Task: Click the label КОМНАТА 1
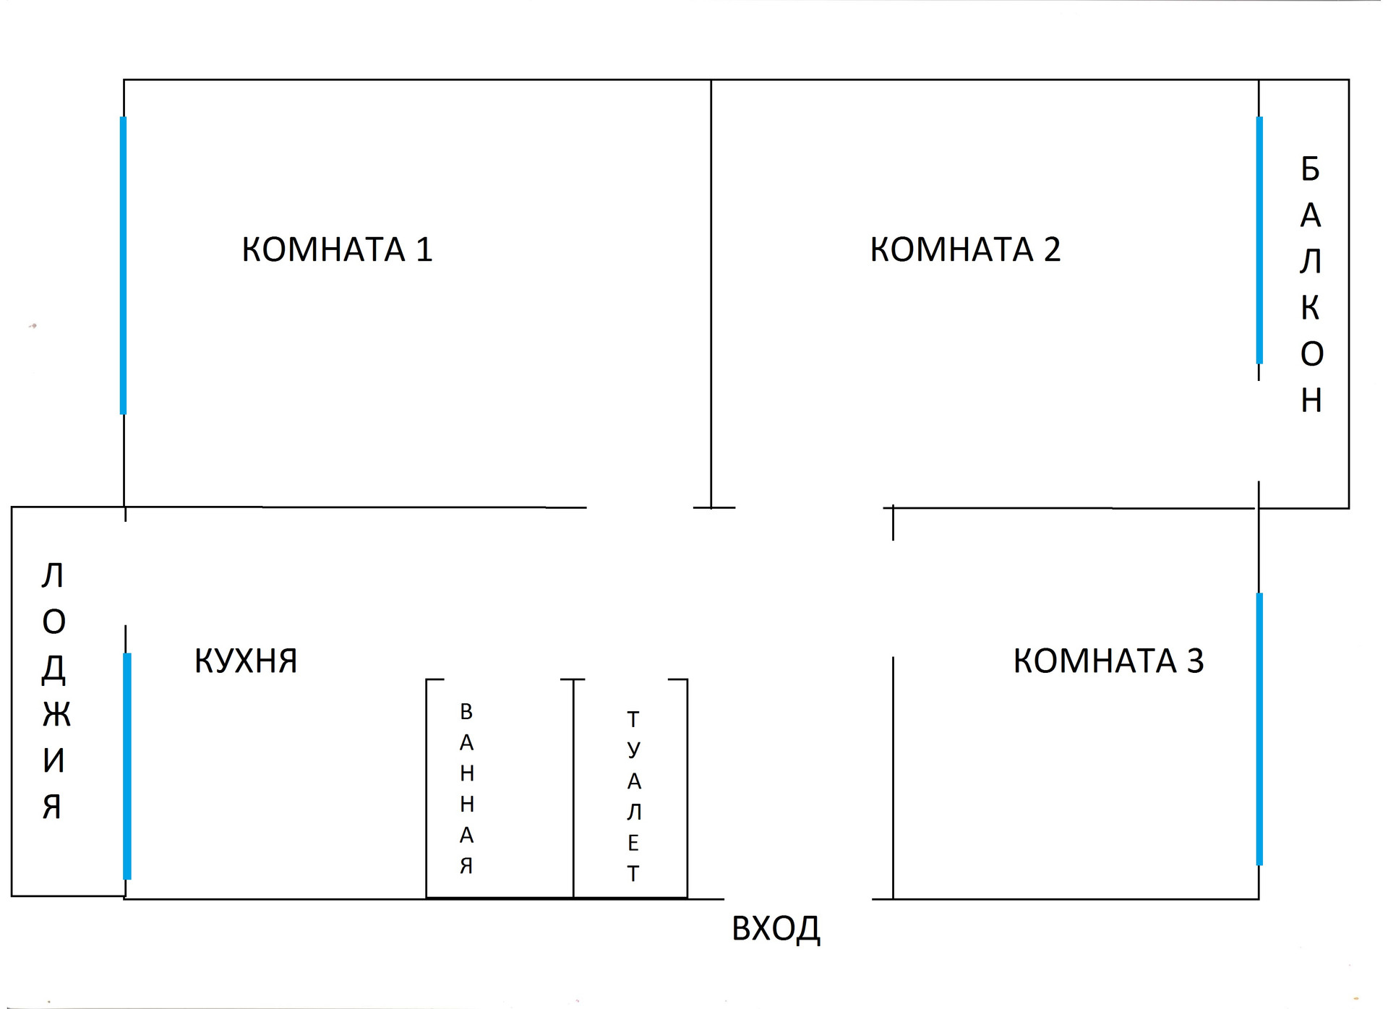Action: (x=337, y=249)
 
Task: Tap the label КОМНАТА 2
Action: (x=964, y=249)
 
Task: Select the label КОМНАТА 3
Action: (x=1108, y=661)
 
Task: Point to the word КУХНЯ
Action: (x=246, y=661)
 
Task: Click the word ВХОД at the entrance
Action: (x=776, y=929)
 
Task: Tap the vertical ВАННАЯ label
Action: (x=466, y=788)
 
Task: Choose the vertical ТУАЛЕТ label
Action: (x=633, y=796)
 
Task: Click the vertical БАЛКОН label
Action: (x=1311, y=283)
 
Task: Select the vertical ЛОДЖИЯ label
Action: (x=54, y=690)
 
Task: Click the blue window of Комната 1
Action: (x=123, y=265)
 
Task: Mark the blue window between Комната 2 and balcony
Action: (x=1259, y=240)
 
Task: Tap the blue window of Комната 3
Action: (x=1259, y=729)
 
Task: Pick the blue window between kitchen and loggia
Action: (x=127, y=766)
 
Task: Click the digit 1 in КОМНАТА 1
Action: (x=424, y=249)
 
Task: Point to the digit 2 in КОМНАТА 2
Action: (x=1052, y=249)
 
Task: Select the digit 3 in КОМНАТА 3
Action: (x=1195, y=661)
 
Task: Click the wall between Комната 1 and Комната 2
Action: (x=711, y=289)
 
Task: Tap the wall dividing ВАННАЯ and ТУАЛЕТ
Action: (x=573, y=788)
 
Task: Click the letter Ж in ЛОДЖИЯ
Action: (x=56, y=714)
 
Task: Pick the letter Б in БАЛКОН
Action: (x=1310, y=169)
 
